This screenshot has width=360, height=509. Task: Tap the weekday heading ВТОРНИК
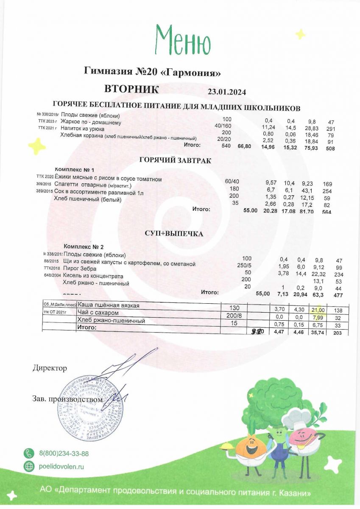[x=131, y=89]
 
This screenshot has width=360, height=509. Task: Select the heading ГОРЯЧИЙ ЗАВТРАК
[x=175, y=160]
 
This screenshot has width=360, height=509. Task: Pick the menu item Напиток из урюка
[x=82, y=128]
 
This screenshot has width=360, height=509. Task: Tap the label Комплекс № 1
[x=75, y=170]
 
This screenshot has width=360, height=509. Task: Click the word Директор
[x=50, y=368]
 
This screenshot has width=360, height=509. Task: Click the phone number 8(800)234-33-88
[x=64, y=454]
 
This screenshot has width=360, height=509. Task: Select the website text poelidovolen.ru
[x=61, y=466]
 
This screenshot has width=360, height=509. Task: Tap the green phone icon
[x=29, y=453]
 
